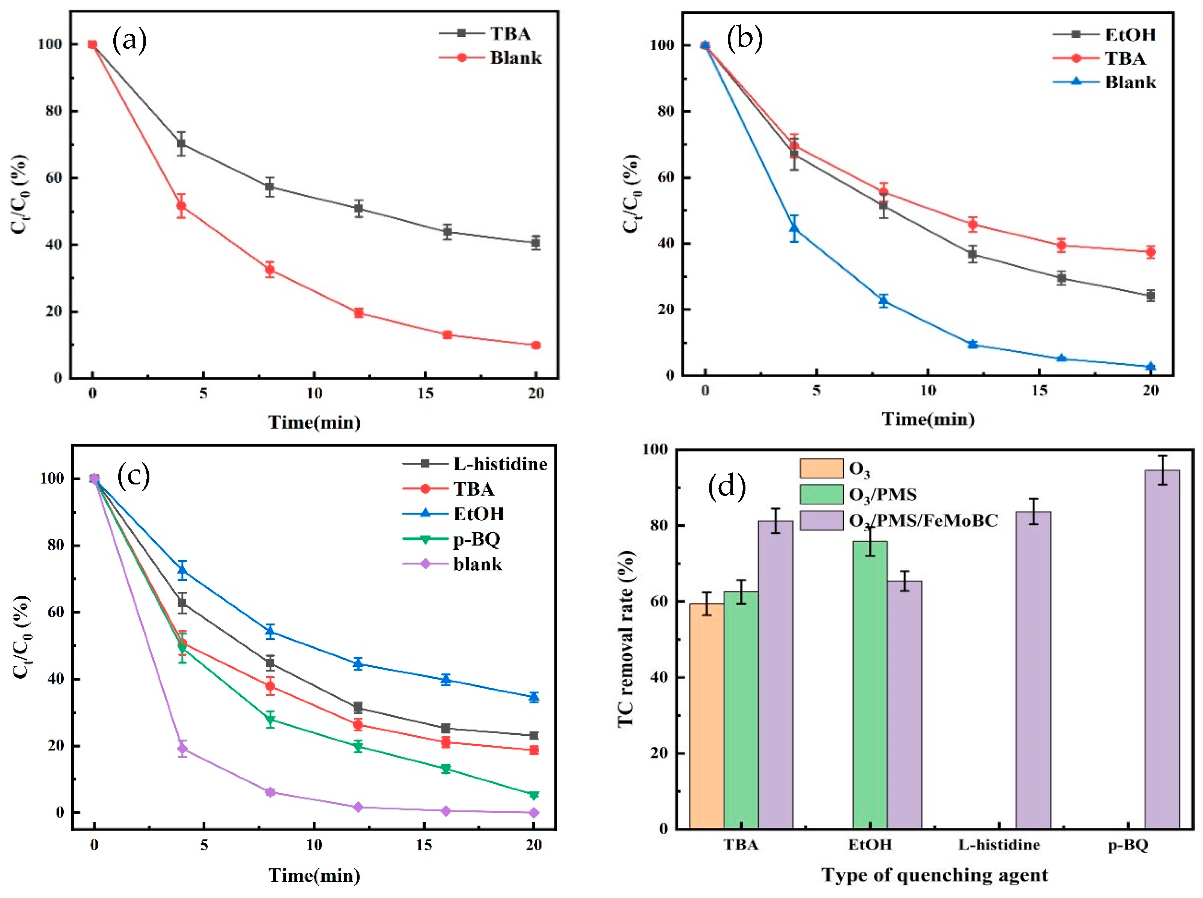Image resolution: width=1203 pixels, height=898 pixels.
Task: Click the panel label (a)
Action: [129, 41]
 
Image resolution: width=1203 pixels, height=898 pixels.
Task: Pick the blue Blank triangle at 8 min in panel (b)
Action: [883, 300]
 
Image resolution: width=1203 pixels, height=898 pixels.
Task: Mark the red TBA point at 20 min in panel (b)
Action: [1150, 252]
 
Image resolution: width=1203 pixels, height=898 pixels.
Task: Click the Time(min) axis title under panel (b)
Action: [928, 419]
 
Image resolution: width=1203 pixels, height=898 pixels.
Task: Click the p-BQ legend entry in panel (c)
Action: [476, 539]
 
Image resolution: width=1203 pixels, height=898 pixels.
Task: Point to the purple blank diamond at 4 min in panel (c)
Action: [183, 749]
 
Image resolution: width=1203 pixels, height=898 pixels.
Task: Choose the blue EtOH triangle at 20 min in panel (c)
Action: [534, 696]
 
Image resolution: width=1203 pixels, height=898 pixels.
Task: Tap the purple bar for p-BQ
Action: [1162, 650]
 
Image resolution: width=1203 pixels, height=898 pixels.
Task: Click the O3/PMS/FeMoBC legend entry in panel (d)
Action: [923, 521]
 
